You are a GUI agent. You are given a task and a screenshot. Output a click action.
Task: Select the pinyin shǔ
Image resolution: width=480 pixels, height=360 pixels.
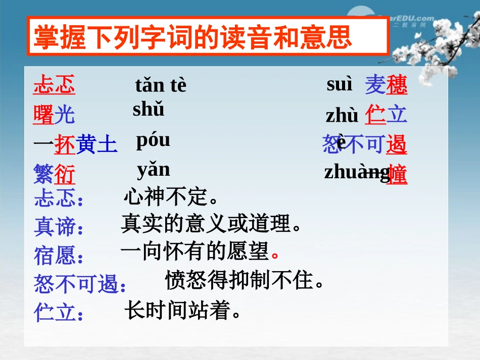point(149,109)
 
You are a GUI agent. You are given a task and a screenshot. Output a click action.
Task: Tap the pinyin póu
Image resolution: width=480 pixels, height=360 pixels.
point(153,140)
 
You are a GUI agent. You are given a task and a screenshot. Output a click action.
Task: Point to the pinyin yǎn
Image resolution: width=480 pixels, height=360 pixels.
point(154,169)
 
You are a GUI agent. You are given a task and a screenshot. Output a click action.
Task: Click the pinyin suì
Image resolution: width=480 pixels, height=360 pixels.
point(340,84)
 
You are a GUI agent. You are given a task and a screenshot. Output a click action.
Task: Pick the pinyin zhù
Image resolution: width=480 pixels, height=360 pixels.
point(342,116)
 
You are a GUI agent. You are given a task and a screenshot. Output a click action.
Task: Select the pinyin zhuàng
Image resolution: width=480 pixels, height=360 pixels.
point(357,172)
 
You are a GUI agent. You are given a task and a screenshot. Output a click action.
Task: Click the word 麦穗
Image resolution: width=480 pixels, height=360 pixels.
point(386,85)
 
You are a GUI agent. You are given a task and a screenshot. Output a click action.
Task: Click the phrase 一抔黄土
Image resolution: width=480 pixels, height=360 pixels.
point(75,145)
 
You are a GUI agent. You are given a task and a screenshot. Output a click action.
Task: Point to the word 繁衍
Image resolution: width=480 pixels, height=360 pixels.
point(54,175)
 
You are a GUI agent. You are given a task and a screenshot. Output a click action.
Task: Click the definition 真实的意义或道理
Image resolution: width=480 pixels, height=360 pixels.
point(211,223)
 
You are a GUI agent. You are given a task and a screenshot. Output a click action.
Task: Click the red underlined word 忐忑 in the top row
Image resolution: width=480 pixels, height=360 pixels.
point(54,85)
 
